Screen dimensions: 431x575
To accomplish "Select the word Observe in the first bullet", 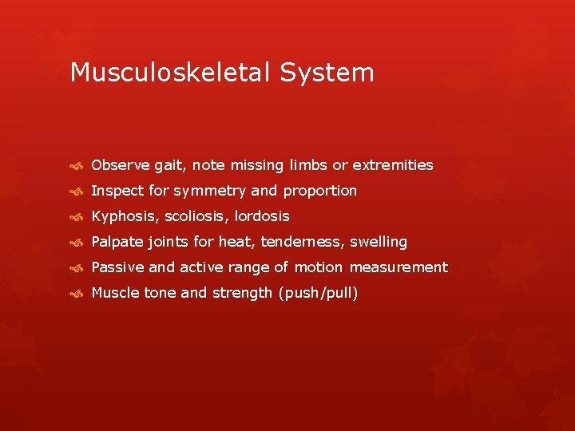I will point(121,165).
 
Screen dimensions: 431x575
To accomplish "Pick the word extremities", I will point(393,165).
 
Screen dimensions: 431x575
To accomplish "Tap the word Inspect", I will point(117,191).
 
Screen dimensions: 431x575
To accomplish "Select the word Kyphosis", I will point(123,216).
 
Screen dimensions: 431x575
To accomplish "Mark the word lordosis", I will point(262,216).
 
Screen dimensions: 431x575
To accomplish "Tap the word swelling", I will point(379,242).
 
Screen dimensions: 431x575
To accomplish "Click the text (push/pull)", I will point(318,293).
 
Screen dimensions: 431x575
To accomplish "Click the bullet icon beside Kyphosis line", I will point(77,217).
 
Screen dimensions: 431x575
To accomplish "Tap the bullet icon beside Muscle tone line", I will point(77,294).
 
